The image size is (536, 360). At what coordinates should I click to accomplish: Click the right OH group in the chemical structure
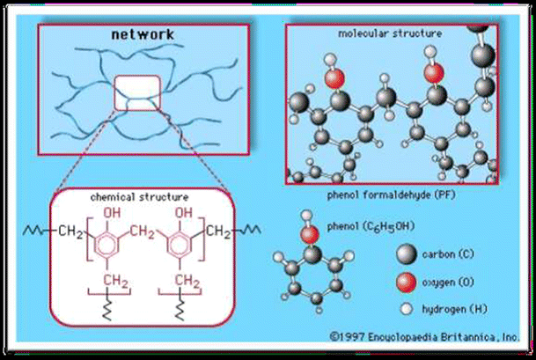point(184,213)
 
